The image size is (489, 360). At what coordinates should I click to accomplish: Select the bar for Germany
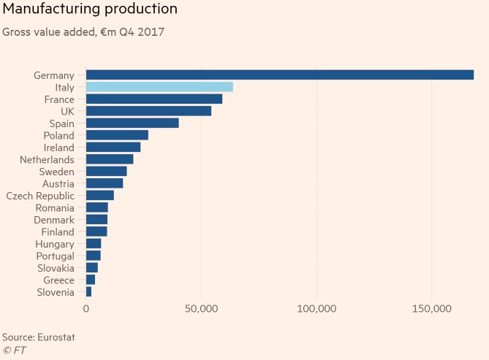click(280, 74)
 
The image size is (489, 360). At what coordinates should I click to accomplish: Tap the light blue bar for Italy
click(159, 87)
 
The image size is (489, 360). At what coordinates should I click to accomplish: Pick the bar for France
click(154, 99)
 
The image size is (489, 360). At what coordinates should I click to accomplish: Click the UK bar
click(148, 111)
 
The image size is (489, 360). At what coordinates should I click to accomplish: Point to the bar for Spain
click(132, 123)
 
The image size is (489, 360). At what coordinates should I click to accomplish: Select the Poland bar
click(117, 135)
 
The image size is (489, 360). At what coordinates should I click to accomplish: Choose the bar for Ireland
click(113, 147)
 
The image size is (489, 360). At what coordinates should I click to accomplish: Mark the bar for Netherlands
click(110, 159)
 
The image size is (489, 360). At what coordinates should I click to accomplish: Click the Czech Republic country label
click(40, 196)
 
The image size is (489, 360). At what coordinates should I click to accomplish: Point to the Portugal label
click(55, 256)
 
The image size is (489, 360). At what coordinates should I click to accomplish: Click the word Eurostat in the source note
click(57, 337)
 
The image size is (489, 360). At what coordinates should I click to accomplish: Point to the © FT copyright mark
click(15, 351)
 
